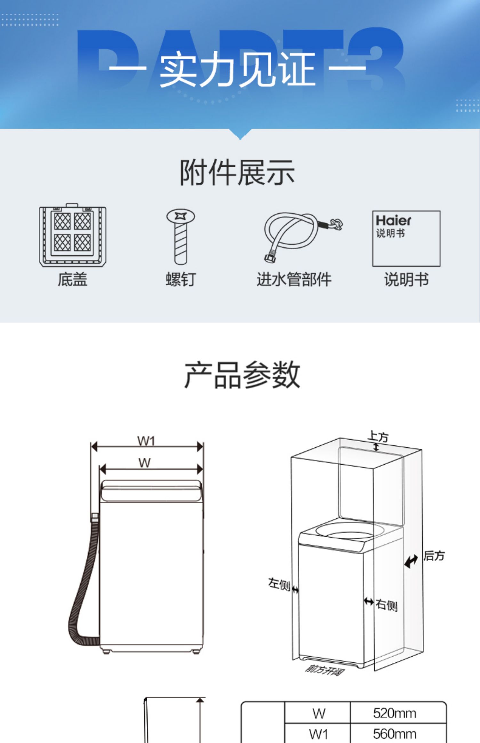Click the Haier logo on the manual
[x=393, y=220]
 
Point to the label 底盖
[x=73, y=279]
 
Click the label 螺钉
[x=180, y=279]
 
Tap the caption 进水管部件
[x=294, y=279]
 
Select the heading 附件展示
[x=237, y=173]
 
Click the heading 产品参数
[x=242, y=375]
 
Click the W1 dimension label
[x=146, y=441]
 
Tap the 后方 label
[x=434, y=556]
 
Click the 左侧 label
[x=279, y=584]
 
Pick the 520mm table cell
[x=395, y=714]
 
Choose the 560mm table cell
[x=395, y=733]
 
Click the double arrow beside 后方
[x=411, y=561]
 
